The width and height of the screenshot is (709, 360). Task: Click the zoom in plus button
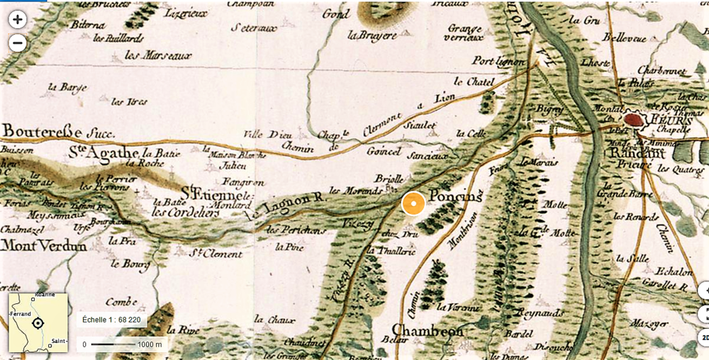[18, 19]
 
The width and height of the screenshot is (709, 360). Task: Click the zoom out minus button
[18, 43]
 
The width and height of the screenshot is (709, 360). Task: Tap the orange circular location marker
[413, 203]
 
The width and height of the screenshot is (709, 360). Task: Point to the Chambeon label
[428, 330]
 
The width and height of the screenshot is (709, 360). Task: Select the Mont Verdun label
[43, 246]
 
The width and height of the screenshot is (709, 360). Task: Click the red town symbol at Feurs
[635, 119]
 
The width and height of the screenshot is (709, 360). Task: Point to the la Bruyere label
[372, 34]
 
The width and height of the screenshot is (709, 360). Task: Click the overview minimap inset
[38, 323]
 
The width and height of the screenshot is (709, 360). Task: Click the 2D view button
[704, 337]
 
